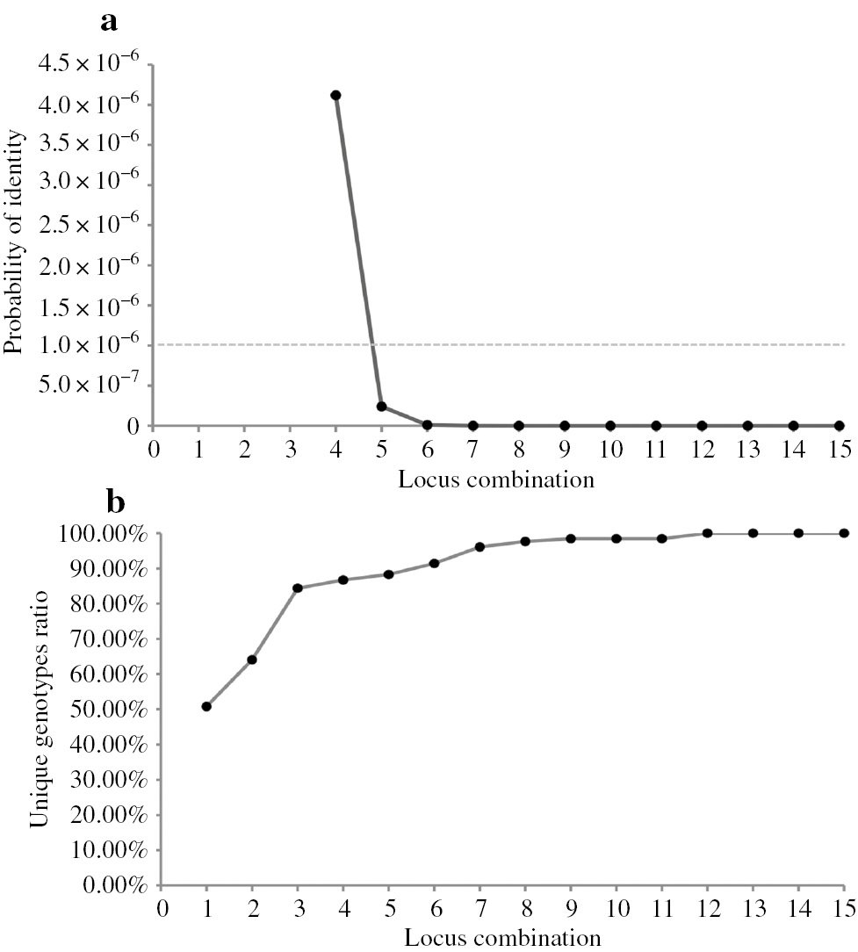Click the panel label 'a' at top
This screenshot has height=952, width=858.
109,21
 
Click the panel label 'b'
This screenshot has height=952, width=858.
115,502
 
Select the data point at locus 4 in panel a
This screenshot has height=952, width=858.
335,95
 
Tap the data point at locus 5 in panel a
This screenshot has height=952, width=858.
381,407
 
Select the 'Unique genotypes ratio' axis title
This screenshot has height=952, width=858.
40,710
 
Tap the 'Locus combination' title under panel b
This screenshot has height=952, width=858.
502,938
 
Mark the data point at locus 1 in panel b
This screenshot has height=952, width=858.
206,706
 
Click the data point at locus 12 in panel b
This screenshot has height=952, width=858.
707,533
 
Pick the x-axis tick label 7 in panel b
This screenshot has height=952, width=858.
479,907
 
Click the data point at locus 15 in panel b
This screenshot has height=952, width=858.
844,533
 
